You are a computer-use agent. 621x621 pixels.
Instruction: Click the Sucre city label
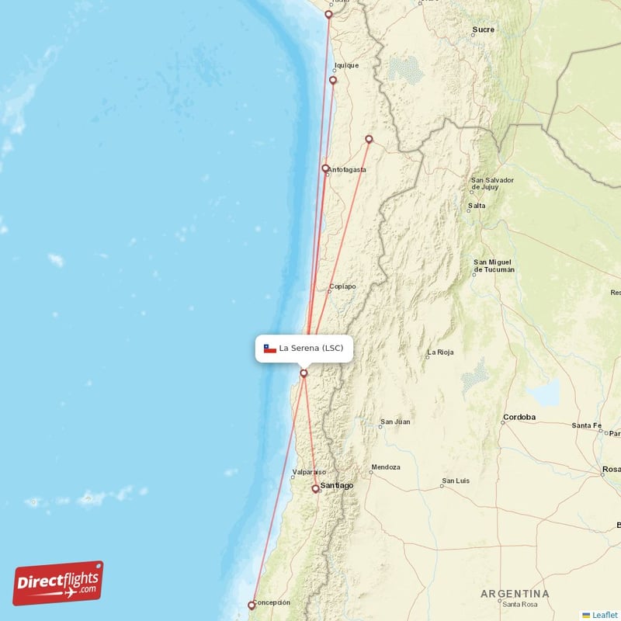(483, 30)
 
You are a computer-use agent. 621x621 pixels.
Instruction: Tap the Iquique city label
(346, 65)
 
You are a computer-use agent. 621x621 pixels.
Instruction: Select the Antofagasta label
(347, 170)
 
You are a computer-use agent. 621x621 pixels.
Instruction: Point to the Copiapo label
(342, 286)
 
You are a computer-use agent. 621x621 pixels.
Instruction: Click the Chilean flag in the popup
(270, 349)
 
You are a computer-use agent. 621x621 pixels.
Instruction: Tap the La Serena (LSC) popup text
(310, 348)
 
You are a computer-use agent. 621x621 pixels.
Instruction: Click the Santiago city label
(337, 485)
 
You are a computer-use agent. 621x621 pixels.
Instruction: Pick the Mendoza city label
(385, 467)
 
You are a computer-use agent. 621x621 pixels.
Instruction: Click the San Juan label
(394, 422)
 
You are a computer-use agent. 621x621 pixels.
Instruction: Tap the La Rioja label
(439, 352)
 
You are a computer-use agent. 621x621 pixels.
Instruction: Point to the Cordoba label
(519, 417)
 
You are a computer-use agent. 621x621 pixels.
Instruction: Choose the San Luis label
(455, 481)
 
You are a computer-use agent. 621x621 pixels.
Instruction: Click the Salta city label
(476, 206)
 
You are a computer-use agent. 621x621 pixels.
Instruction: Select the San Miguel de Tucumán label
(494, 265)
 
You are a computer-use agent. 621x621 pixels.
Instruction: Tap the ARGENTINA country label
(515, 594)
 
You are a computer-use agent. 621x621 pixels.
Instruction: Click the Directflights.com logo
(58, 583)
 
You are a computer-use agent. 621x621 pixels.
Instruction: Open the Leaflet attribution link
(605, 614)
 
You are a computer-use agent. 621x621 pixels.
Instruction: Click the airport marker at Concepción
(252, 605)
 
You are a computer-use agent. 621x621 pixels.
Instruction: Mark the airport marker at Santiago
(315, 488)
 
